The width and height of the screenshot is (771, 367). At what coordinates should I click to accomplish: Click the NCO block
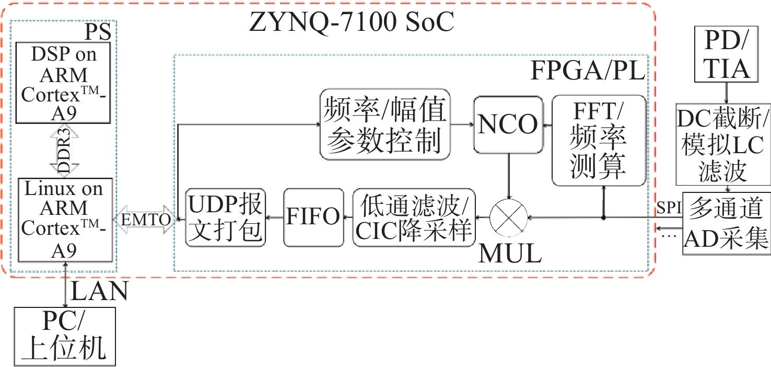[x=508, y=124]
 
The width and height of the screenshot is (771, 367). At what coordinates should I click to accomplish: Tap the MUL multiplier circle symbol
[x=509, y=217]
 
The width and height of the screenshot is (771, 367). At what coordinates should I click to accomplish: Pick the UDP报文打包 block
[x=225, y=217]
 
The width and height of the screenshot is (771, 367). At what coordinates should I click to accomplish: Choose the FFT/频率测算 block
[x=599, y=140]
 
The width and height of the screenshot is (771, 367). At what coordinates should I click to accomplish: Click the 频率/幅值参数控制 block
[x=385, y=124]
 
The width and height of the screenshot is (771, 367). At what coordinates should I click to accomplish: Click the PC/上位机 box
[x=65, y=336]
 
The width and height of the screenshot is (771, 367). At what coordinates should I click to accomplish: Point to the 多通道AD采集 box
[x=726, y=224]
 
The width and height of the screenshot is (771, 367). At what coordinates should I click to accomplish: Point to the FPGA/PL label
[x=588, y=71]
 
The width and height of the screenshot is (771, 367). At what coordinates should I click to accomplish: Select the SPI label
[x=670, y=208]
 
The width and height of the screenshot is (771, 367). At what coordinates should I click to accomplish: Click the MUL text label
[x=510, y=254]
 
